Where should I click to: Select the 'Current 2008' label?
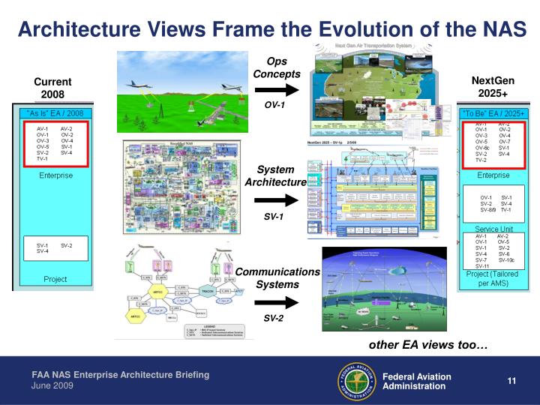[52, 88]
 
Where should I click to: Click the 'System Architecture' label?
[276, 176]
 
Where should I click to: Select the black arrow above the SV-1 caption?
[277, 200]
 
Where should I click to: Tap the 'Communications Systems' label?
[277, 277]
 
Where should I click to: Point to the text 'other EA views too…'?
[427, 345]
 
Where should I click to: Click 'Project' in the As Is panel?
[55, 279]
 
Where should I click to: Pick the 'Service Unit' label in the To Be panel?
[493, 229]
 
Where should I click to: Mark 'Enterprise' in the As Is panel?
[56, 175]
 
